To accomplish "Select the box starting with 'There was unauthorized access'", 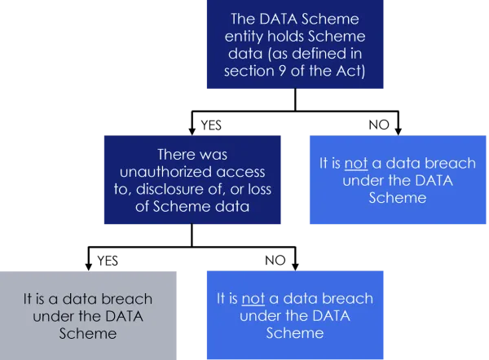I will coord(192,179).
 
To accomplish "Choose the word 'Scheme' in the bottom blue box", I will coord(294,332).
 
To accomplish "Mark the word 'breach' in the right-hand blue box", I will coord(425,164).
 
